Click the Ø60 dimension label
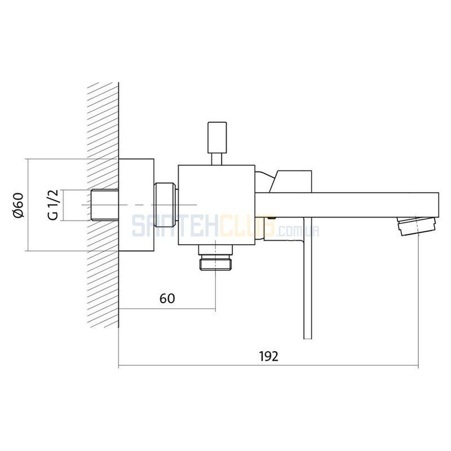18,205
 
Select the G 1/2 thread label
53,205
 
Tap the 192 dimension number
269,356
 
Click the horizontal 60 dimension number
167,299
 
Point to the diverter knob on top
217,138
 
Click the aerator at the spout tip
417,226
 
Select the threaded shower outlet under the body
216,258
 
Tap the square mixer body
216,205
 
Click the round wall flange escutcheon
136,205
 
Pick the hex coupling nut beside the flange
165,205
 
